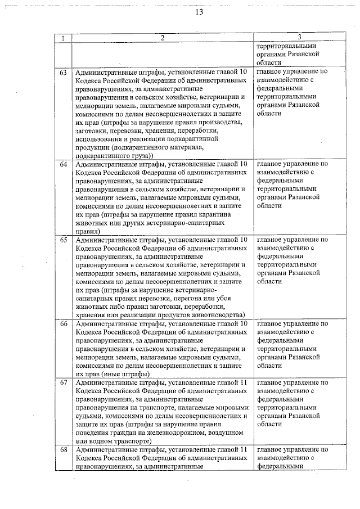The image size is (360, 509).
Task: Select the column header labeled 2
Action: [162, 38]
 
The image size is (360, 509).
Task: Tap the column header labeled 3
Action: [299, 38]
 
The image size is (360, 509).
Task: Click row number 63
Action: [64, 73]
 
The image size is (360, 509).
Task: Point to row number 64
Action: [64, 164]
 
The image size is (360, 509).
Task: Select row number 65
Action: [64, 240]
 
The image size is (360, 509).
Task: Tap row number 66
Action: [64, 324]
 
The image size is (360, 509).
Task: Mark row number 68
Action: [64, 451]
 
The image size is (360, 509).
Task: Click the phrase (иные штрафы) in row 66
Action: [126, 374]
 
